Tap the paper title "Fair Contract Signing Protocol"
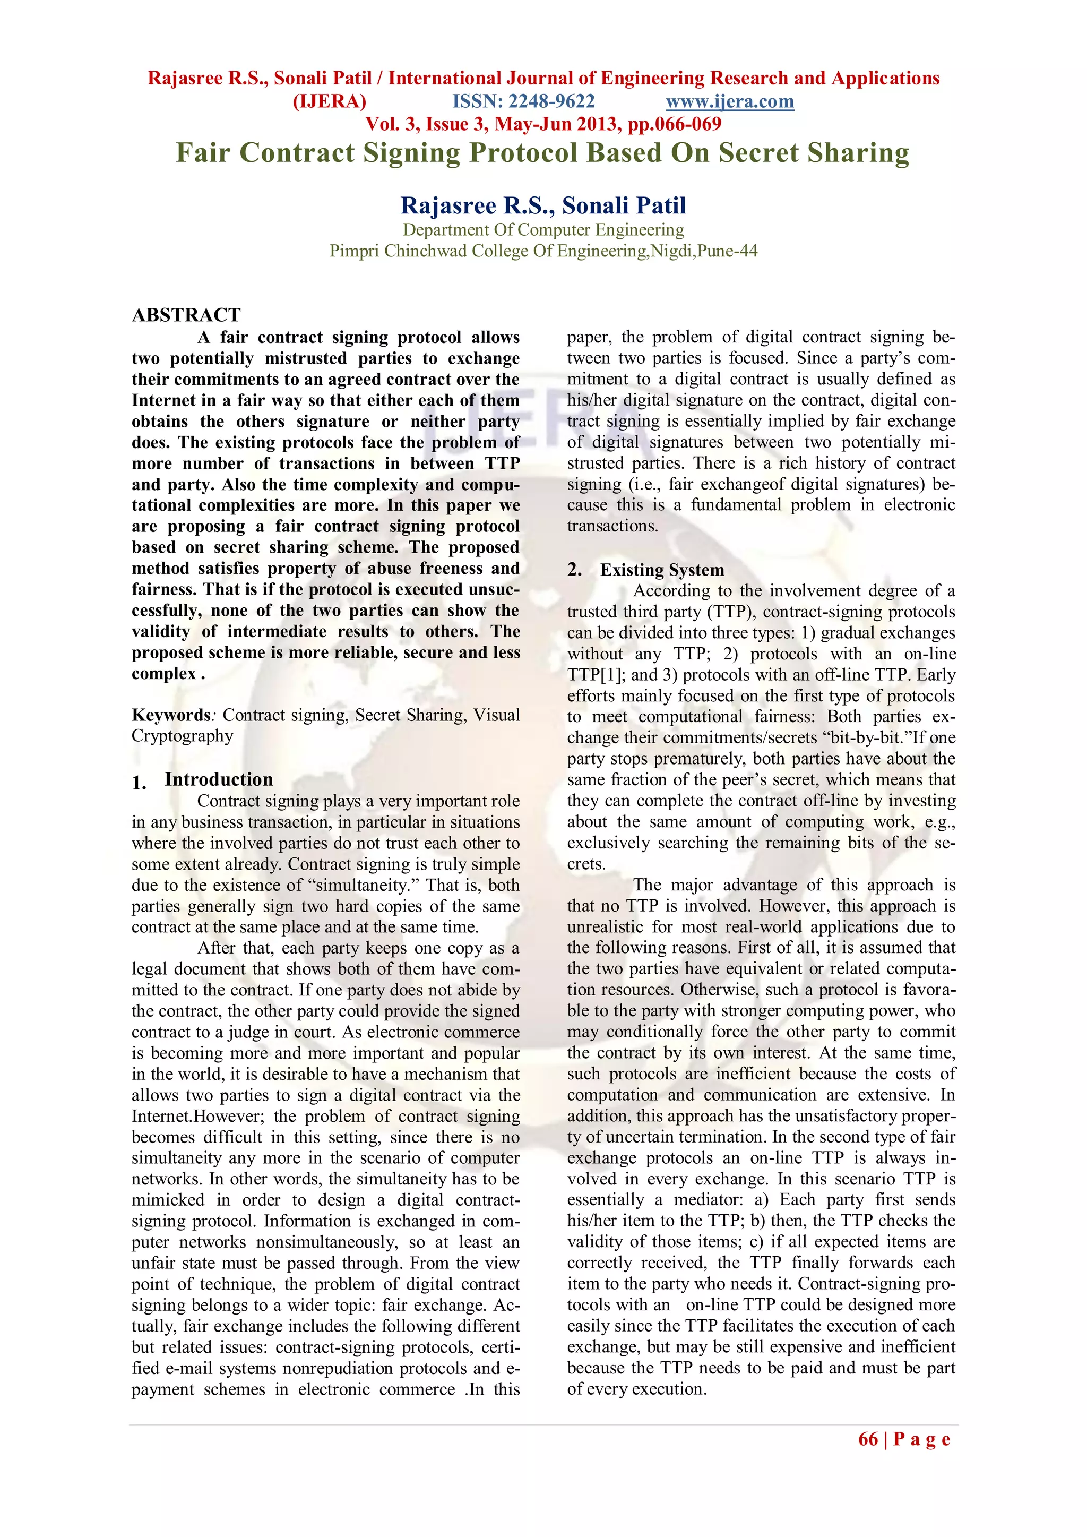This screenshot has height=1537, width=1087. click(x=542, y=152)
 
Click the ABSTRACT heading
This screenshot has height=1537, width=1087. click(x=186, y=315)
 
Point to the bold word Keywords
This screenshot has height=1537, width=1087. click(x=171, y=715)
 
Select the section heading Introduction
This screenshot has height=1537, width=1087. click(x=219, y=779)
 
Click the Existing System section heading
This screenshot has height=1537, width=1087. click(x=662, y=570)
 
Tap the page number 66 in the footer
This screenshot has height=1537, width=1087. click(x=868, y=1439)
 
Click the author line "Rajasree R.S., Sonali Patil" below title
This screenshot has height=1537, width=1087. click(x=543, y=205)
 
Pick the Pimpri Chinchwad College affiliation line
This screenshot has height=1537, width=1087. click(x=543, y=251)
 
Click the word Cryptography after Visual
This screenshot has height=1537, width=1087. click(x=182, y=736)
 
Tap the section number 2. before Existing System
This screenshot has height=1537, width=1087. click(x=574, y=570)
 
